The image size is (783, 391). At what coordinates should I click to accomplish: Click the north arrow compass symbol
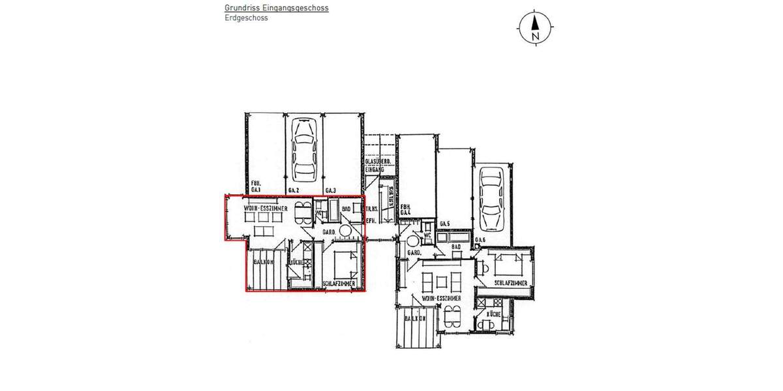click(535, 27)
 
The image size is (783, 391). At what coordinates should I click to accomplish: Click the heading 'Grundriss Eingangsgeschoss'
click(276, 8)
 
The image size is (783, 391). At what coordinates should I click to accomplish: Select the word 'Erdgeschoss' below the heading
click(246, 18)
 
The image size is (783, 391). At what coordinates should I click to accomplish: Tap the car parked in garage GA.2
click(305, 151)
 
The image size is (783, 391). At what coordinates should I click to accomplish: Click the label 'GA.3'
click(331, 190)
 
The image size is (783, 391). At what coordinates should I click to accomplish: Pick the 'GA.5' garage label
click(446, 224)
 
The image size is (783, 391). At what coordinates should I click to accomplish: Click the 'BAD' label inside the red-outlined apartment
click(346, 209)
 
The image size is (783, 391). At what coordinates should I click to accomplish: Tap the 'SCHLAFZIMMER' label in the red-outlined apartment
click(339, 284)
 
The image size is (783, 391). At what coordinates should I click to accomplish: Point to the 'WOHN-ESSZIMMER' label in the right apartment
click(442, 298)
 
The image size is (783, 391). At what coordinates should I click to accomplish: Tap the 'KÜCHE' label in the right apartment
click(493, 314)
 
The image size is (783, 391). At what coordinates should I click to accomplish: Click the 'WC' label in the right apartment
click(427, 236)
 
